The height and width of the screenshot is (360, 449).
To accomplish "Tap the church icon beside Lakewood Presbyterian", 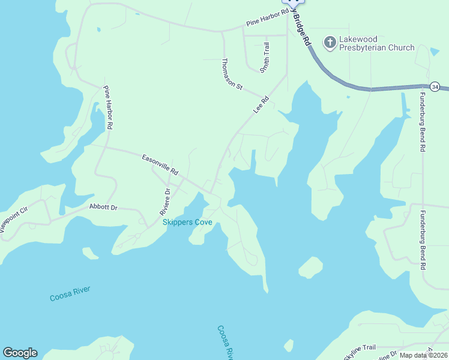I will click(x=330, y=43).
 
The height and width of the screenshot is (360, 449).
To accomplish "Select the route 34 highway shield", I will click(x=435, y=87).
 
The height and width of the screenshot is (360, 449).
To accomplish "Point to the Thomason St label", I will click(x=232, y=74).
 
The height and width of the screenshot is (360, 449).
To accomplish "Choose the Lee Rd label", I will click(x=261, y=104).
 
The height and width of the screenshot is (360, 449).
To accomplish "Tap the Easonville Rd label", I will click(x=160, y=165).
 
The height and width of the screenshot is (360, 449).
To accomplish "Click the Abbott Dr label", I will click(x=103, y=207).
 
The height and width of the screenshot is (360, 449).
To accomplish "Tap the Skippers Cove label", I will click(x=187, y=223).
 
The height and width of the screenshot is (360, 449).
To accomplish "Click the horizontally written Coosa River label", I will click(x=70, y=293).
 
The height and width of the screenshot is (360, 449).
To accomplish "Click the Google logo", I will click(x=20, y=353).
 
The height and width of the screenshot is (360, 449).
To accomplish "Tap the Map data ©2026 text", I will click(x=423, y=355).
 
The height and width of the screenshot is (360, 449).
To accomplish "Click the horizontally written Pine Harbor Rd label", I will click(x=267, y=22).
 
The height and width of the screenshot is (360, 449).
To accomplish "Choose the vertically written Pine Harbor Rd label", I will click(x=108, y=109).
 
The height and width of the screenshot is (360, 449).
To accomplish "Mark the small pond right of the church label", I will click(x=435, y=51).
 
